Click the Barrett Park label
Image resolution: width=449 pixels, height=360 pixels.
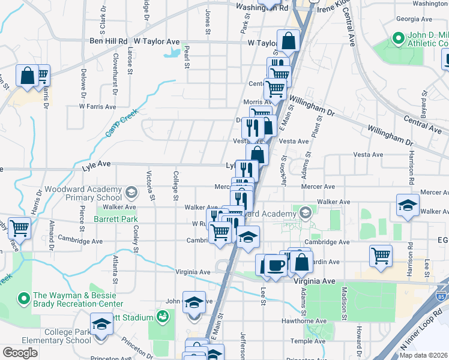(x=116, y=220)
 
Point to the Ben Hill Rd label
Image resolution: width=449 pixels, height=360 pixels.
(x=109, y=41)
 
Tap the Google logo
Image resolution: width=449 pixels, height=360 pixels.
(x=20, y=352)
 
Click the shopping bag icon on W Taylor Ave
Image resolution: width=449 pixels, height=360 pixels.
(x=288, y=42)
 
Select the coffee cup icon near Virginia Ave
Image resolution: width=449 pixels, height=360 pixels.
(x=276, y=265)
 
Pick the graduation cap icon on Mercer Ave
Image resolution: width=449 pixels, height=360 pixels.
(x=408, y=205)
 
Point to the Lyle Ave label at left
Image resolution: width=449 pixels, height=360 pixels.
(x=97, y=164)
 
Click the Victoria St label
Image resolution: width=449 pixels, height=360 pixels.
(x=151, y=185)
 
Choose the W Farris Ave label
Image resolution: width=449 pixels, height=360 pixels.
(x=97, y=106)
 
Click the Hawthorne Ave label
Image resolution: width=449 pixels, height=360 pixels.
(x=307, y=320)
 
